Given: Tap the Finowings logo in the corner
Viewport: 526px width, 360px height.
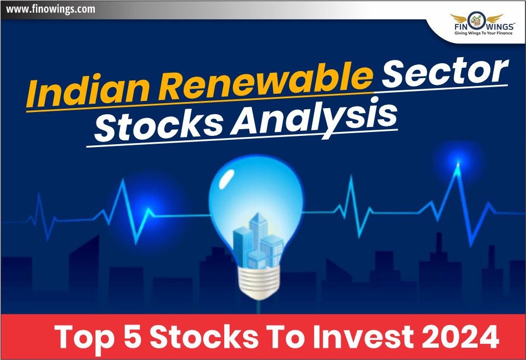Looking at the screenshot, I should point(477,22).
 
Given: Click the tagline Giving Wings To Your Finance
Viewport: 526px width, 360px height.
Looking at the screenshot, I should point(477,34).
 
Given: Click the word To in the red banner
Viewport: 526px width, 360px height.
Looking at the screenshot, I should point(291,337).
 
